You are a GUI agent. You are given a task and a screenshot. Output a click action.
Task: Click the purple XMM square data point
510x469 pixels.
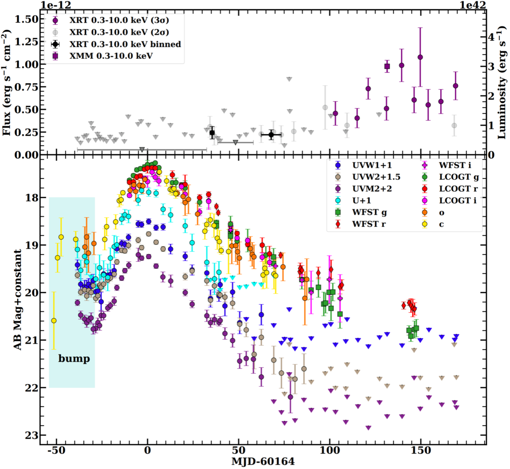click(387, 66)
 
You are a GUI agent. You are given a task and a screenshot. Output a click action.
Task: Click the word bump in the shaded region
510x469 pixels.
click(74, 358)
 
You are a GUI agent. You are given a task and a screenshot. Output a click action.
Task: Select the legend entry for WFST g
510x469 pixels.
click(369, 212)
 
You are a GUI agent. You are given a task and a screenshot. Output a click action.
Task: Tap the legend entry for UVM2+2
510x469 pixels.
click(372, 188)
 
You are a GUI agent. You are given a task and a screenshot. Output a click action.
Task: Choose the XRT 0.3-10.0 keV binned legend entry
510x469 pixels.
click(125, 44)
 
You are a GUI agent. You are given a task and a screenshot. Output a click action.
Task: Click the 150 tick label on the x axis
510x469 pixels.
click(421, 450)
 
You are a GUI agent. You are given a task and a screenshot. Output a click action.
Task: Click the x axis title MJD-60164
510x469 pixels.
click(263, 461)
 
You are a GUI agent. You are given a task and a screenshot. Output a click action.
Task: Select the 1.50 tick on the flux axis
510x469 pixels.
click(27, 19)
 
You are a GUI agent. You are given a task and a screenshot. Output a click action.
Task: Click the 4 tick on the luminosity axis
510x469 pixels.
click(491, 37)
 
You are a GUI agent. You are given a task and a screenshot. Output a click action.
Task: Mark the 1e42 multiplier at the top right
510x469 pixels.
click(473, 5)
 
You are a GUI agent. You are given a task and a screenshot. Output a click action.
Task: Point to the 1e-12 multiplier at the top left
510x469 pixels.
click(56, 5)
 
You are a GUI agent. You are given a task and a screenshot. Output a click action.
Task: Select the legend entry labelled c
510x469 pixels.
click(441, 224)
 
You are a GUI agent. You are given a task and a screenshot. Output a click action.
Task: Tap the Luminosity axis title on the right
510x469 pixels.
click(502, 82)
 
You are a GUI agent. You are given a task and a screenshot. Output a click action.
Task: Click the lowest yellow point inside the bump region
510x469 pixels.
click(54, 320)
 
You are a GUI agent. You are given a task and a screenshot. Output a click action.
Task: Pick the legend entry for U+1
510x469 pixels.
click(361, 201)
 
